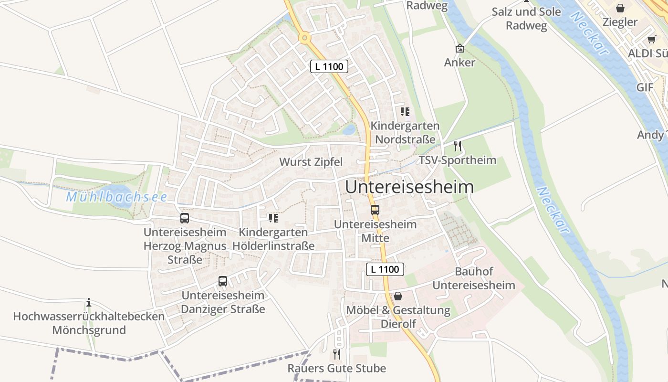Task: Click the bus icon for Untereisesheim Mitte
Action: [375, 210]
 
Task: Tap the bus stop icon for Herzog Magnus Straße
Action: [185, 218]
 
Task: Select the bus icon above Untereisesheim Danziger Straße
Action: [223, 281]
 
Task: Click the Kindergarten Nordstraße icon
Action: [405, 112]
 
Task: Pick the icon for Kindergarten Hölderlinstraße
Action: [273, 218]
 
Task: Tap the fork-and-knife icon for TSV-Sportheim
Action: [458, 146]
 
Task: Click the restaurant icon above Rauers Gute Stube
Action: [337, 354]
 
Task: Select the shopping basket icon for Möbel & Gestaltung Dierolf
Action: [398, 296]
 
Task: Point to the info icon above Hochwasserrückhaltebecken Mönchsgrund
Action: [89, 302]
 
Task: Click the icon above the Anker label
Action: [460, 48]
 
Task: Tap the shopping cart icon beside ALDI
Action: [652, 39]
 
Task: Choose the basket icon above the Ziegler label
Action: [620, 8]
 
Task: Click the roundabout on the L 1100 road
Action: [304, 37]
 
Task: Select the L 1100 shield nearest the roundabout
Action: [329, 66]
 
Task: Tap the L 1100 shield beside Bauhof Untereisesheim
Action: [385, 269]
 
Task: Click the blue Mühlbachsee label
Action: [116, 197]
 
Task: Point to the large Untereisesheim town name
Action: [409, 187]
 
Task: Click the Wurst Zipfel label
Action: [311, 162]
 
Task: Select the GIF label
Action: [645, 87]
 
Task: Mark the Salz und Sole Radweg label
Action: [526, 18]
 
